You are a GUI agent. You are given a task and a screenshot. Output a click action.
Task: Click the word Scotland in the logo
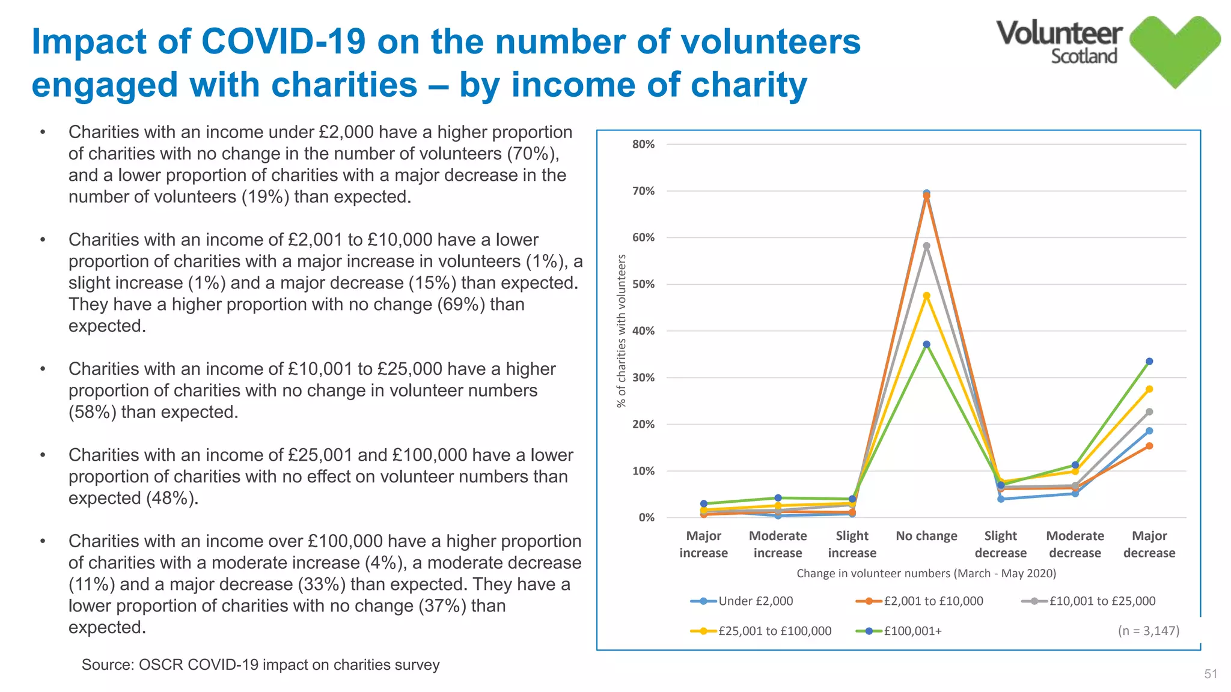pos(1084,56)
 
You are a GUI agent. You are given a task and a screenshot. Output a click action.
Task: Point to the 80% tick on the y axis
pos(643,144)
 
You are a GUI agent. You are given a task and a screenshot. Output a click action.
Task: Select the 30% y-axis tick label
pos(643,377)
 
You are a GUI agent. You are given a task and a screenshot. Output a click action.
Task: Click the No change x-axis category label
pos(926,536)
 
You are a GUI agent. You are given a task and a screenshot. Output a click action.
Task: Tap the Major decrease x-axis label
pos(1149,544)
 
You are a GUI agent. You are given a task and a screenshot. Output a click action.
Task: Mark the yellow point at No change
pos(926,296)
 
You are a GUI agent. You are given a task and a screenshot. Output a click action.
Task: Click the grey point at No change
pos(926,246)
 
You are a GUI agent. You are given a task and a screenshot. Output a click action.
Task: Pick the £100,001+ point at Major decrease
pos(1149,362)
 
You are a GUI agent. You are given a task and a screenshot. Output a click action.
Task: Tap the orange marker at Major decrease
pos(1149,446)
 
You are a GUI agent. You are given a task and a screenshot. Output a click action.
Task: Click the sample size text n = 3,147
pos(1148,631)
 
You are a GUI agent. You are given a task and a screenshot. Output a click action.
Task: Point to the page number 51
pos(1211,674)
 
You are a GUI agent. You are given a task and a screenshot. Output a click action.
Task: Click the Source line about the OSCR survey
pos(260,665)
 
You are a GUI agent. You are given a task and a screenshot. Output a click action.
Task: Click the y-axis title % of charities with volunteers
pos(622,330)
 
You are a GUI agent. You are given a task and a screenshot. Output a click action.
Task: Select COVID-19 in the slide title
pos(283,41)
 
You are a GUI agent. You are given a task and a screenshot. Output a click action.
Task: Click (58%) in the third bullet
pos(93,412)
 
